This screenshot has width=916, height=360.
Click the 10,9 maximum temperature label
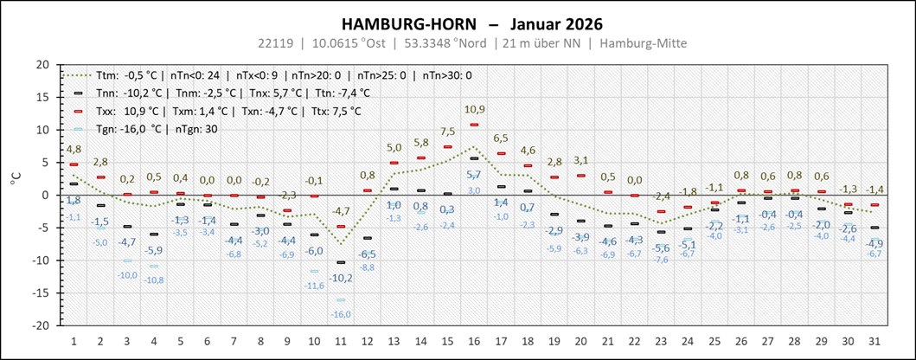click(474, 109)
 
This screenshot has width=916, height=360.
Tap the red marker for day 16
click(474, 125)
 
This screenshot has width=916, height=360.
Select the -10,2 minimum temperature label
click(341, 278)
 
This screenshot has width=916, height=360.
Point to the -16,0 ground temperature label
click(341, 313)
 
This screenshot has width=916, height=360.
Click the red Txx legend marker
click(78, 111)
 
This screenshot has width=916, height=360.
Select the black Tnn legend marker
click(78, 93)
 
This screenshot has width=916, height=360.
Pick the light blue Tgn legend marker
click(78, 129)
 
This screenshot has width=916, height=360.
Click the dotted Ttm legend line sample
click(78, 75)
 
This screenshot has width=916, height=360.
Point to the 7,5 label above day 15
click(447, 132)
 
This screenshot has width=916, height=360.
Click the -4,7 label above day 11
click(341, 211)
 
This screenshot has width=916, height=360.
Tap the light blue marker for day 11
click(341, 300)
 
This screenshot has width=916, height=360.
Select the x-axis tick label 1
click(74, 340)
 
